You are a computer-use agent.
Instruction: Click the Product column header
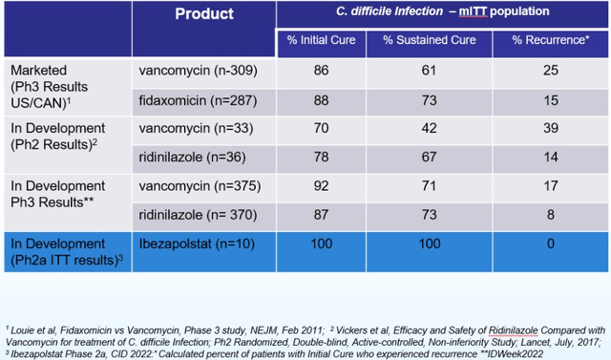pos(204,14)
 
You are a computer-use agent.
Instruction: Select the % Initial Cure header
pos(321,40)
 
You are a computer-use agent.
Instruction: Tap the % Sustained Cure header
pos(429,40)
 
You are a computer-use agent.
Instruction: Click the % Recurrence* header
pos(551,40)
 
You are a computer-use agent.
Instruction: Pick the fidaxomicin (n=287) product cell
pos(198,101)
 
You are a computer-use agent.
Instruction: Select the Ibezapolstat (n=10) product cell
pos(197,244)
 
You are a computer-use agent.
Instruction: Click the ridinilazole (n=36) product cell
pos(193,158)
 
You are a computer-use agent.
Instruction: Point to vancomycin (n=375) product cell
pos(200,186)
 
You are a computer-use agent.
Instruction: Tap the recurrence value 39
pos(551,128)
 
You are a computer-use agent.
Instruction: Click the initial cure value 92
pos(321,186)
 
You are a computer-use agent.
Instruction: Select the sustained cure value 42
pos(429,128)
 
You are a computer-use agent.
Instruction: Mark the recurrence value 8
pos(551,215)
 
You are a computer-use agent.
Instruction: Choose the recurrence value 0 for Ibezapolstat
pos(551,244)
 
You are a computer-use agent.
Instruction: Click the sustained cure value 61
pos(429,71)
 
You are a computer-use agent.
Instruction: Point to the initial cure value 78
pos(321,157)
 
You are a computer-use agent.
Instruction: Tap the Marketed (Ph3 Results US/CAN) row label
pos(49,87)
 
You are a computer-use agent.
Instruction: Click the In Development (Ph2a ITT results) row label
pos(67,252)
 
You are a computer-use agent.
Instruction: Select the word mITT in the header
pos(473,11)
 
